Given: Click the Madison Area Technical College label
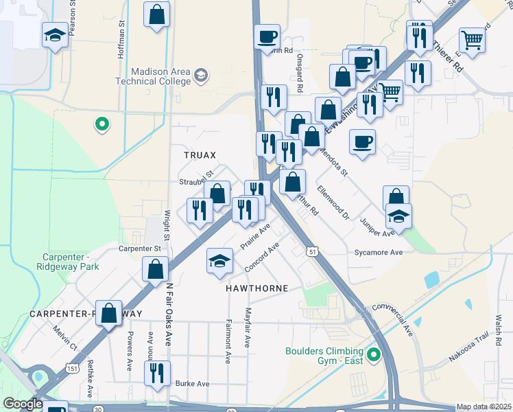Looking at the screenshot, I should click(150, 76).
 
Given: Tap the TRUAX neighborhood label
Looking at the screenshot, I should click(200, 155).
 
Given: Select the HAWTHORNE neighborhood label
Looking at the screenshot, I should click(257, 288).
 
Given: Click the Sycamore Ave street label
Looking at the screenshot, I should click(378, 253).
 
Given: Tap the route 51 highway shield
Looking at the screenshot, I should click(313, 253).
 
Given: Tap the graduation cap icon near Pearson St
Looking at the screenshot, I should click(55, 36).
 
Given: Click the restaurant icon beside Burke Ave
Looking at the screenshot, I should click(157, 373).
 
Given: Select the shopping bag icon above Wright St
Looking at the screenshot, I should click(157, 14).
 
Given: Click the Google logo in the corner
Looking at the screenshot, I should click(23, 404).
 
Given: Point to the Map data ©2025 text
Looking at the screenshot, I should click(484, 407).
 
